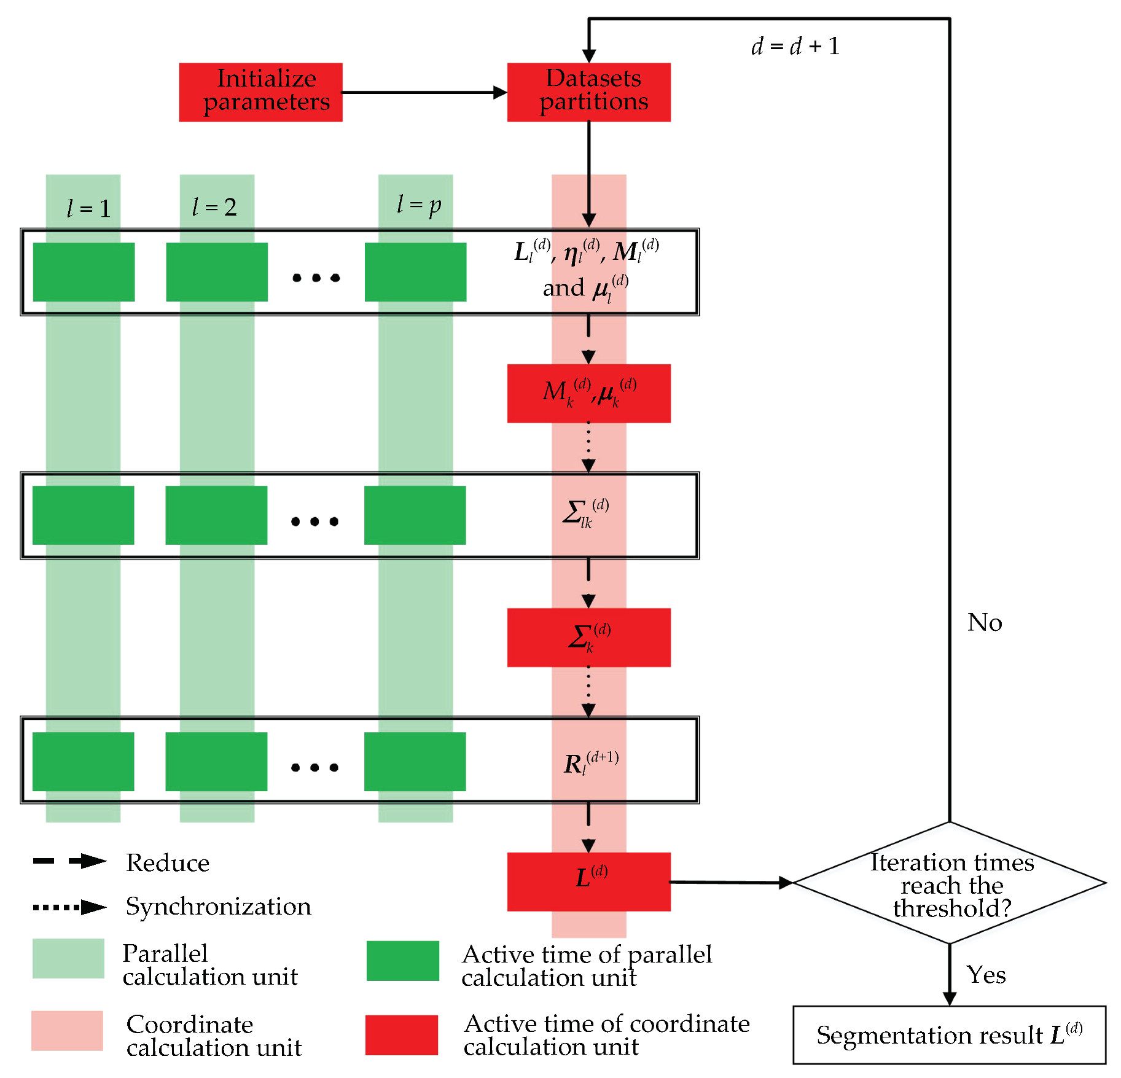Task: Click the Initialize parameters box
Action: tap(260, 92)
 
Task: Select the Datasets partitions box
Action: tap(588, 92)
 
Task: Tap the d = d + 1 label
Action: tap(795, 46)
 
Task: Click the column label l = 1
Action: tap(88, 209)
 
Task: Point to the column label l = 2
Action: tap(214, 207)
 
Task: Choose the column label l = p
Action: tap(418, 205)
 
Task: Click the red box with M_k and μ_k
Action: tap(588, 393)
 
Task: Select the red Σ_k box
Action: tap(588, 637)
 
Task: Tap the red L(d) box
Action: tap(588, 881)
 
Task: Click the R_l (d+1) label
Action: tap(590, 764)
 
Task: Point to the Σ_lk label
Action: tap(584, 514)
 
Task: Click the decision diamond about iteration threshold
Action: tap(950, 883)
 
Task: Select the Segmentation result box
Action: tap(949, 1034)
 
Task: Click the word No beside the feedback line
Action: tap(984, 623)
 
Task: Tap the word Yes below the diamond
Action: tap(985, 975)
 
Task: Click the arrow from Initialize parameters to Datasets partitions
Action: tap(424, 93)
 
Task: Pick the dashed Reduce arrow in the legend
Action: tap(69, 861)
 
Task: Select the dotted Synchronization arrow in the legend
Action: tap(69, 907)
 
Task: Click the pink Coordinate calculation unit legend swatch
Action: tap(67, 1030)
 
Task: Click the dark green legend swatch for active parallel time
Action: tap(402, 961)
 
